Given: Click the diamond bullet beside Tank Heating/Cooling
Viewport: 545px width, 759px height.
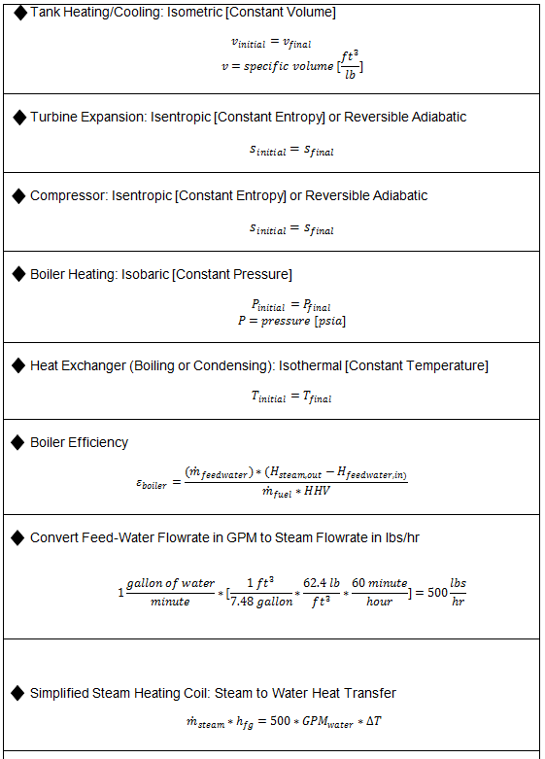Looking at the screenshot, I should click(19, 13).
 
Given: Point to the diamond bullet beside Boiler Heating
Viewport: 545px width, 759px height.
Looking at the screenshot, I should click(19, 274).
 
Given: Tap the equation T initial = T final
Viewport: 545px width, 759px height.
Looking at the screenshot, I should click(292, 397).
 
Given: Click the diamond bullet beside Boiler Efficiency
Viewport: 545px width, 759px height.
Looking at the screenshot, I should click(19, 442).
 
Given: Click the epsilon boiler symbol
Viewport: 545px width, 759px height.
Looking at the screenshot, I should click(152, 483).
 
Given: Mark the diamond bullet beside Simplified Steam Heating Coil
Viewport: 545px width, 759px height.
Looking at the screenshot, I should click(19, 693).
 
